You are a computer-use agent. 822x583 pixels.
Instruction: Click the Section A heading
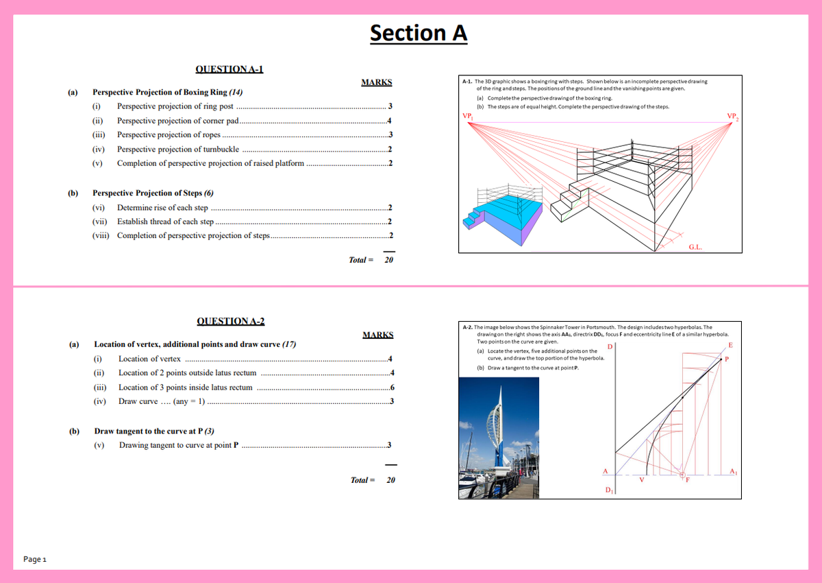pyautogui.click(x=419, y=32)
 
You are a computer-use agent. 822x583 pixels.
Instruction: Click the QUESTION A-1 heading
pyautogui.click(x=229, y=69)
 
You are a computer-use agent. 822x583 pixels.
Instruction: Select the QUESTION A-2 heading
pyautogui.click(x=230, y=321)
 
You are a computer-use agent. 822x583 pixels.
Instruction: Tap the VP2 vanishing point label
pyautogui.click(x=732, y=115)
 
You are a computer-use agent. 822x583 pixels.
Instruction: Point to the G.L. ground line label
pyautogui.click(x=695, y=245)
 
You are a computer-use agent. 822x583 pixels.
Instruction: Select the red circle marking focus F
pyautogui.click(x=682, y=475)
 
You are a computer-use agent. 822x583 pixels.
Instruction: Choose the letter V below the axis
pyautogui.click(x=641, y=480)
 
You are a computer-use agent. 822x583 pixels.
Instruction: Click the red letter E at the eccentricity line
pyautogui.click(x=731, y=344)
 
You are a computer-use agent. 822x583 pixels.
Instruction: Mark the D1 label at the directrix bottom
pyautogui.click(x=609, y=490)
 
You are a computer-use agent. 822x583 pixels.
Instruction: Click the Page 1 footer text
pyautogui.click(x=34, y=559)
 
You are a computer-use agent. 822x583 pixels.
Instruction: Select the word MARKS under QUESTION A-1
pyautogui.click(x=376, y=82)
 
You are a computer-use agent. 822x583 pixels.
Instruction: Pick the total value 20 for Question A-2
pyautogui.click(x=390, y=480)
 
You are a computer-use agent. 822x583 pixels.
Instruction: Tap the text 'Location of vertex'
pyautogui.click(x=149, y=359)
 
